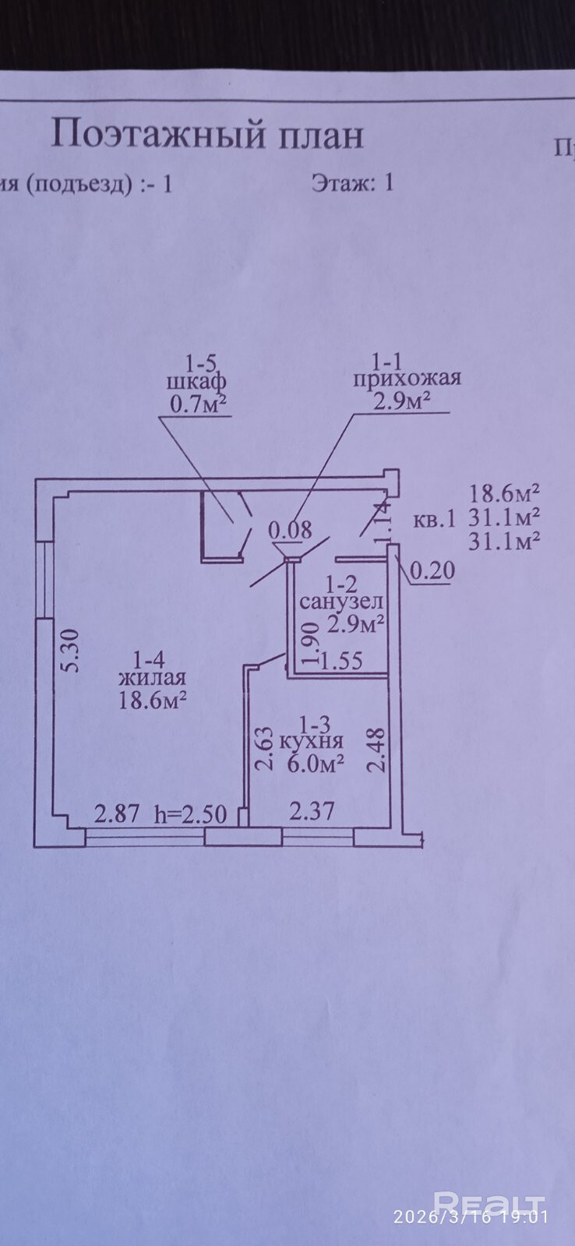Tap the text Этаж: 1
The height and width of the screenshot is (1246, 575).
pyautogui.click(x=352, y=183)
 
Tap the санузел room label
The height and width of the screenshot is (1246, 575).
pyautogui.click(x=341, y=602)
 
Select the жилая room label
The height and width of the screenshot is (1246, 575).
pyautogui.click(x=152, y=678)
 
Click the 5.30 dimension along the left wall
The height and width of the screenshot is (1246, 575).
pyautogui.click(x=70, y=651)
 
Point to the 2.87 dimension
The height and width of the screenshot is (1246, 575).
pyautogui.click(x=117, y=815)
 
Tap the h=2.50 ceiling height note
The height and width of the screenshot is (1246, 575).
pyautogui.click(x=191, y=815)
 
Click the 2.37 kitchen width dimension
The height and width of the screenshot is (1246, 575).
pyautogui.click(x=312, y=812)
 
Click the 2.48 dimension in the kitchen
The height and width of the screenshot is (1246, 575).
pyautogui.click(x=376, y=750)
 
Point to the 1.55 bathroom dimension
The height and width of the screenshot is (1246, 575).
pyautogui.click(x=341, y=662)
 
